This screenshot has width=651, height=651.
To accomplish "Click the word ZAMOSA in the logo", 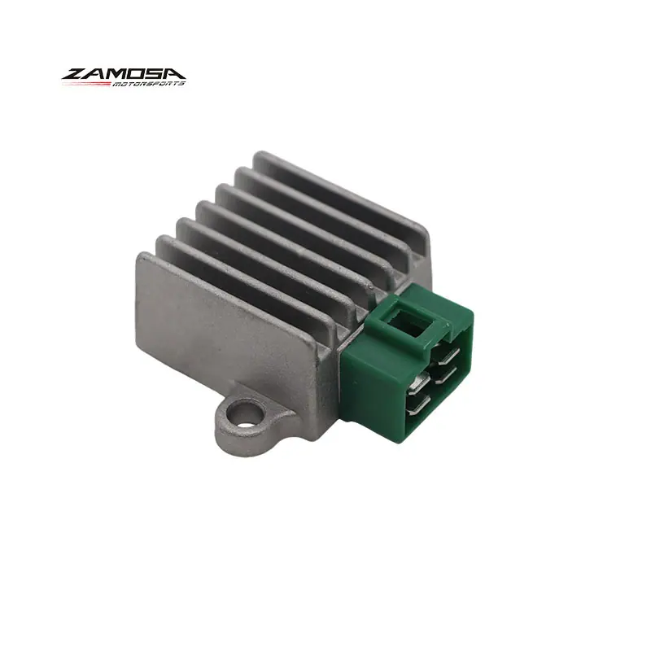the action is [x=124, y=74].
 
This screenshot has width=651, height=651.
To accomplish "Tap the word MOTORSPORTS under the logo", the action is [x=148, y=84].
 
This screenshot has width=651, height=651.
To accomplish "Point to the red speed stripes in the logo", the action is [x=86, y=84].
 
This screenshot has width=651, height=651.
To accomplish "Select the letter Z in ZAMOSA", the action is [x=75, y=74].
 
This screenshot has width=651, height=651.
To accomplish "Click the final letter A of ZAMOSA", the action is [x=175, y=74].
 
